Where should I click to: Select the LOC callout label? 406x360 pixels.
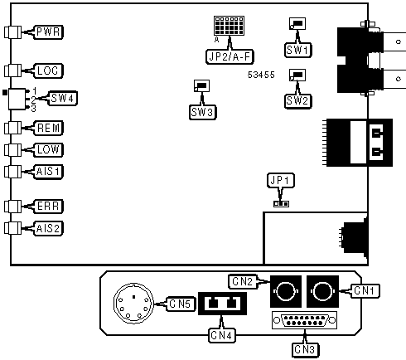(49, 71)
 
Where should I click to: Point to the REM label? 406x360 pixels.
(49, 128)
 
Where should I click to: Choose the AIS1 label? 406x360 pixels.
(50, 171)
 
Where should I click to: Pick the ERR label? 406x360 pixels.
(49, 206)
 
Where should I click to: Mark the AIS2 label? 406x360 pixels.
(50, 227)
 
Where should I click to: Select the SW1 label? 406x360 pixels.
(297, 50)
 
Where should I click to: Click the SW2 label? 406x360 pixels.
(297, 100)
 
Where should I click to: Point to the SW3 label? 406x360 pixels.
(202, 111)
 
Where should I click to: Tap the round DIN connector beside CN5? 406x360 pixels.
(133, 304)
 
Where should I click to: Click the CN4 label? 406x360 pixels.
(221, 335)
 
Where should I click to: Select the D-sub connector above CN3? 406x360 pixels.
(304, 321)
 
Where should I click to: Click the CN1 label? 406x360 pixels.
(366, 290)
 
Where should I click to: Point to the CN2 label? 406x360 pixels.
(243, 281)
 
